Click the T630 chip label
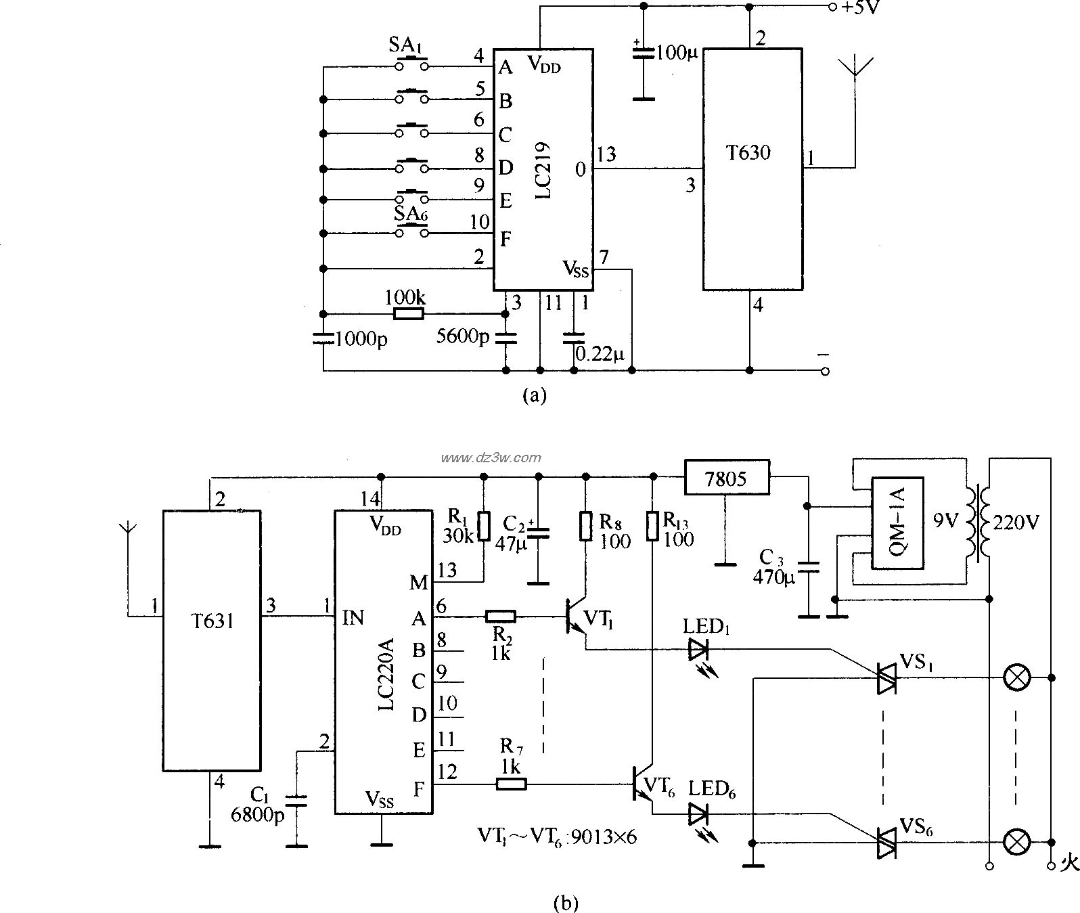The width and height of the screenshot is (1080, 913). click(x=748, y=153)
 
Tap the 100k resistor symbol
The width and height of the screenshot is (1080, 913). click(x=409, y=313)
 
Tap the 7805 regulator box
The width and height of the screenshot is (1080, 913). click(x=726, y=479)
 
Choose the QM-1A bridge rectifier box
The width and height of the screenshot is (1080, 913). click(x=897, y=522)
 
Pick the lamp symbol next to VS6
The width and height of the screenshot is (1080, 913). click(x=1015, y=842)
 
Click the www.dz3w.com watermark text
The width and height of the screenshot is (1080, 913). click(x=490, y=458)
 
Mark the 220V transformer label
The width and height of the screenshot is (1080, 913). click(x=1014, y=522)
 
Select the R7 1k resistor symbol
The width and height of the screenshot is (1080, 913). click(x=511, y=784)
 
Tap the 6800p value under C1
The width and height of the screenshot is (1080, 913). click(x=258, y=816)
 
